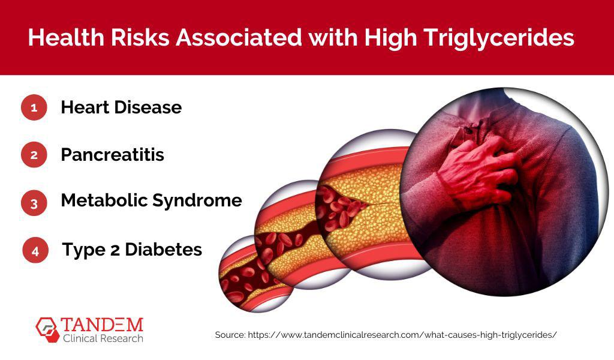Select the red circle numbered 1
(x=34, y=108)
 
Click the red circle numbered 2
(x=34, y=155)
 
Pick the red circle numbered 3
(x=34, y=202)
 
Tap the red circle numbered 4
(x=35, y=250)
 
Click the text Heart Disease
(x=121, y=108)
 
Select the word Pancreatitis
(x=112, y=155)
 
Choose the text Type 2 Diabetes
(x=132, y=250)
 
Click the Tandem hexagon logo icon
(x=47, y=328)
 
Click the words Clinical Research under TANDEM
(x=103, y=339)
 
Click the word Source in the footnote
(x=230, y=335)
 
